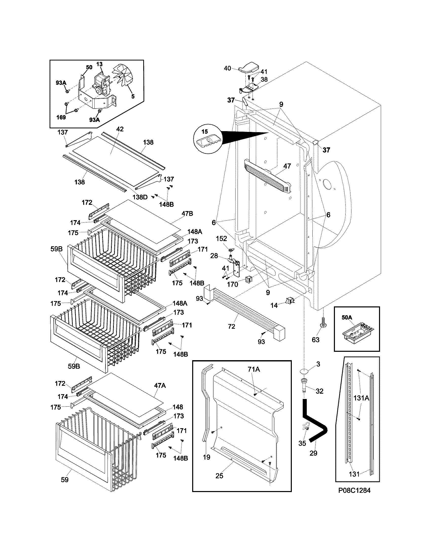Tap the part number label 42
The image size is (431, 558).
coord(120,129)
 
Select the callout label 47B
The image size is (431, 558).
coord(187,214)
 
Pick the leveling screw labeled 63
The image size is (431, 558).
coord(322,323)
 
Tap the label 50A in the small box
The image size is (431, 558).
coord(347,318)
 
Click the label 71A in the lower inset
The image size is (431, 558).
coord(254,369)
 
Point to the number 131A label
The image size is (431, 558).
coord(361,398)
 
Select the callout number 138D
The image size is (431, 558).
coord(140,197)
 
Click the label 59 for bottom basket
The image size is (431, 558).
coord(65,480)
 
